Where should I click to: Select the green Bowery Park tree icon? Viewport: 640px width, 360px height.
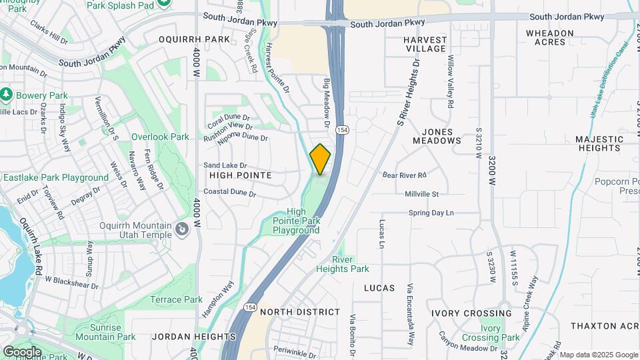click(7, 95)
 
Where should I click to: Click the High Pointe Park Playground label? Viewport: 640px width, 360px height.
click(296, 221)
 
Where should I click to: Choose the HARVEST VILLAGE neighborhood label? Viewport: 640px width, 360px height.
click(425, 44)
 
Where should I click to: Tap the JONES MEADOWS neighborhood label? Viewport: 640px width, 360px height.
click(437, 136)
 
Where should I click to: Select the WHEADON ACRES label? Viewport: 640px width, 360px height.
click(550, 37)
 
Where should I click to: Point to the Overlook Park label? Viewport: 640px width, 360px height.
click(160, 137)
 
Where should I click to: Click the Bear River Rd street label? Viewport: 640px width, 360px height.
click(404, 175)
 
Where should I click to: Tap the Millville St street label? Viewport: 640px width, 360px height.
click(421, 194)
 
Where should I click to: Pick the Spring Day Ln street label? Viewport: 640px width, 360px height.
click(431, 213)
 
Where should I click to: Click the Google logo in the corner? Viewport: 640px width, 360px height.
click(22, 351)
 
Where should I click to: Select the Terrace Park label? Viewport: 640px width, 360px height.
click(176, 299)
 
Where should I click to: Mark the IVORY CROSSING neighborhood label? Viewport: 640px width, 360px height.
click(471, 313)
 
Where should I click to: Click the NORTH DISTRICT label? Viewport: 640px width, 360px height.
click(299, 312)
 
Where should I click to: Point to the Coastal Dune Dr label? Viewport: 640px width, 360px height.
click(230, 193)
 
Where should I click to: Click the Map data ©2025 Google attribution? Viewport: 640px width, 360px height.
click(598, 355)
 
